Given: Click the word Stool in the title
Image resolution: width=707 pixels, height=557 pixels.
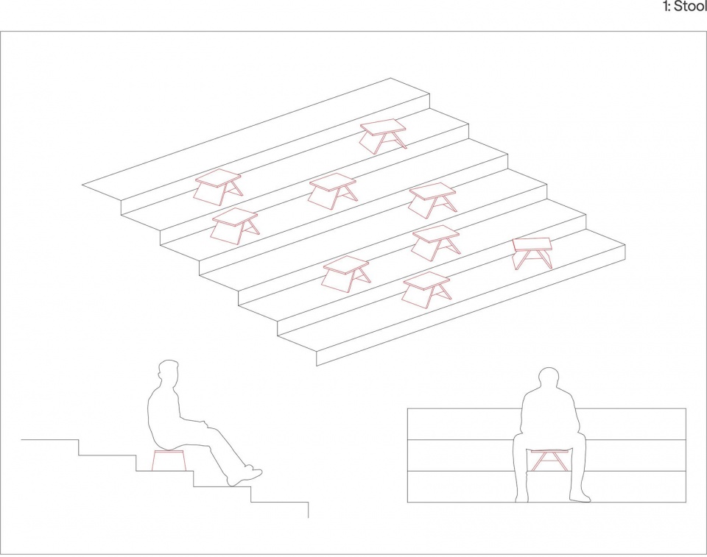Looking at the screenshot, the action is [690, 7].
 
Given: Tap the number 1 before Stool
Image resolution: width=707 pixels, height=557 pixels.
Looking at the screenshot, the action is [665, 7].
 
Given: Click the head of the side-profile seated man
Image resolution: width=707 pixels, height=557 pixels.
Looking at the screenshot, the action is [168, 373].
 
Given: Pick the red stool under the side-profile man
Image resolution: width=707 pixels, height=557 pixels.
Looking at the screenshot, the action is [169, 460].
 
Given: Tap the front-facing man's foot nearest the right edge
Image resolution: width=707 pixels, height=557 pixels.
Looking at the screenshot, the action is [580, 497].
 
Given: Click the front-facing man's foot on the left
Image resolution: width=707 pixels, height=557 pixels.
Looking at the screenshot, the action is [521, 497].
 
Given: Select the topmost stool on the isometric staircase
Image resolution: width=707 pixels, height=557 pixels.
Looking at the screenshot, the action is [383, 135].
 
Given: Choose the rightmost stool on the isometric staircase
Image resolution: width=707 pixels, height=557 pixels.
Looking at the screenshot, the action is [533, 253].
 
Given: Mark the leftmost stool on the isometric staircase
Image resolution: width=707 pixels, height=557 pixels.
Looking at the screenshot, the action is [218, 187].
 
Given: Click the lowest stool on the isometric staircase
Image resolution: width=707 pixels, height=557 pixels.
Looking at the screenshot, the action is [426, 290].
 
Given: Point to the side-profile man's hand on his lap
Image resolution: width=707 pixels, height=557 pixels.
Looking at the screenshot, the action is [204, 423].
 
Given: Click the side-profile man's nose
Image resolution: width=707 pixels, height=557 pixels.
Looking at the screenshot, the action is [159, 375].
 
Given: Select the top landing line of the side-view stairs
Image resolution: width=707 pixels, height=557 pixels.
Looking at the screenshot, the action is [50, 439].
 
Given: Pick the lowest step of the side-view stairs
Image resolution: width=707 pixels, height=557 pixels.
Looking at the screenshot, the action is [280, 503].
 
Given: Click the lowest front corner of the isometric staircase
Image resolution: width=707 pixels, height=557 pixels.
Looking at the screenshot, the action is [317, 366].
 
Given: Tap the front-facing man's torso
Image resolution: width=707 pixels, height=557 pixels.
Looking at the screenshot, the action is [549, 412].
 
